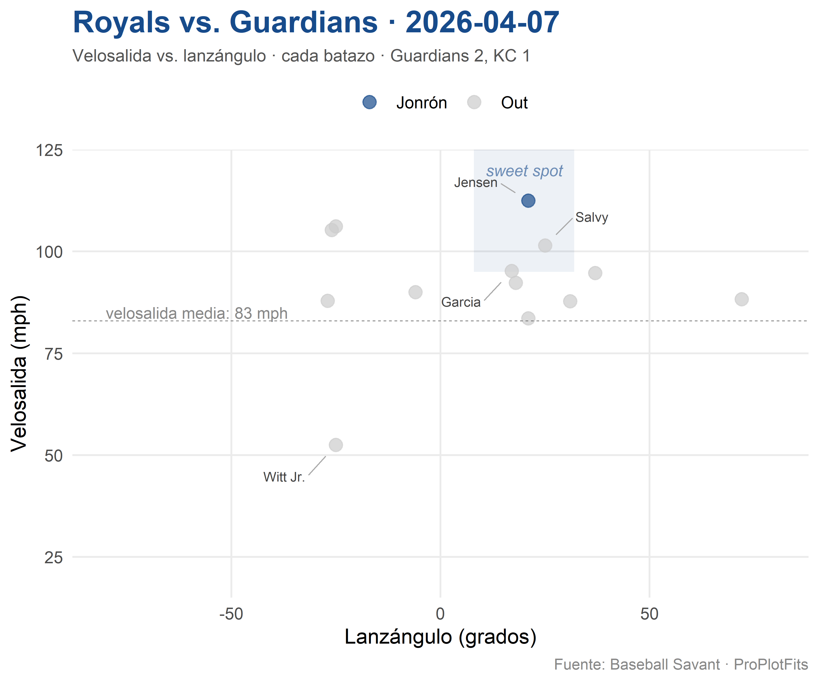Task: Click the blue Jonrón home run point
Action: pyautogui.click(x=528, y=201)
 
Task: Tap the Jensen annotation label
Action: pyautogui.click(x=475, y=183)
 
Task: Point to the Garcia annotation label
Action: pyautogui.click(x=461, y=302)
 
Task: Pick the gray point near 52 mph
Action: pyautogui.click(x=336, y=445)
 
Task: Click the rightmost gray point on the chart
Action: pyautogui.click(x=741, y=299)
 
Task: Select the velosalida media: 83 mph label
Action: pyautogui.click(x=197, y=313)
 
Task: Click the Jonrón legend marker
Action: pyautogui.click(x=369, y=102)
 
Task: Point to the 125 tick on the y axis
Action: pyautogui.click(x=49, y=150)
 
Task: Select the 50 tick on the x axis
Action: pyautogui.click(x=649, y=614)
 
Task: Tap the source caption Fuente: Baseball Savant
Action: pyautogui.click(x=637, y=665)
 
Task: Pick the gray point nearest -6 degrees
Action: pyautogui.click(x=415, y=292)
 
